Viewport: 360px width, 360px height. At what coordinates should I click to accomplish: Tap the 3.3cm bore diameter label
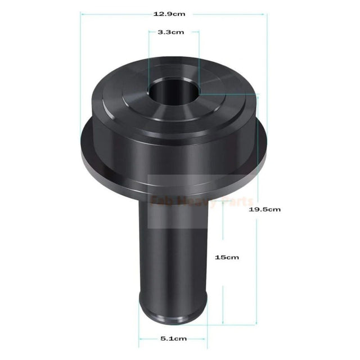[x=173, y=33]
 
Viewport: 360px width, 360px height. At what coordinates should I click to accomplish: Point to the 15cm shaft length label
[x=227, y=257]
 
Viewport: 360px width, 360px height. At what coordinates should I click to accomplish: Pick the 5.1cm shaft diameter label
[x=173, y=339]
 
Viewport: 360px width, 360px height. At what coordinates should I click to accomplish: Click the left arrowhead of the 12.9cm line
[x=82, y=14]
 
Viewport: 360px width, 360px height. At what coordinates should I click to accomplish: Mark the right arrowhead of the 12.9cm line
[x=265, y=14]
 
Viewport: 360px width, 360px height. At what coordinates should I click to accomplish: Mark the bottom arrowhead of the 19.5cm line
[x=258, y=323]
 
